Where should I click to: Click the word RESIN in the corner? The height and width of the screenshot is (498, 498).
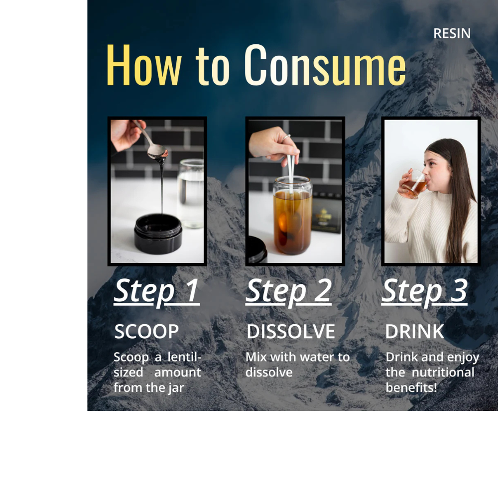tap(452, 33)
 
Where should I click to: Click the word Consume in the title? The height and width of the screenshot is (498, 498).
tap(325, 65)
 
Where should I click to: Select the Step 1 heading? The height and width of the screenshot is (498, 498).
tap(156, 291)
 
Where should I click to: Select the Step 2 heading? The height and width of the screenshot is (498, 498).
tap(288, 291)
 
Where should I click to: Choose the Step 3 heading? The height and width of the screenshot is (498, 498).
tap(424, 291)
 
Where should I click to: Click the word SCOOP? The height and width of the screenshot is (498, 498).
tap(146, 332)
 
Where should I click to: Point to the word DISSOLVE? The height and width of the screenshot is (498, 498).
tap(291, 332)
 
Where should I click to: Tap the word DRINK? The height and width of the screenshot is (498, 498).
tap(414, 332)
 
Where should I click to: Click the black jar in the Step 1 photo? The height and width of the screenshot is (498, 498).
tap(158, 233)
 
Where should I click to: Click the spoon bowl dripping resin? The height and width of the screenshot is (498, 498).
tap(157, 151)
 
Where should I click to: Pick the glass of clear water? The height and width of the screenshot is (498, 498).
tap(191, 194)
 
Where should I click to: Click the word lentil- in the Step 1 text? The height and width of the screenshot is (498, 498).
tap(184, 357)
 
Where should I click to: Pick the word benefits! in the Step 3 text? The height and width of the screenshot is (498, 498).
tap(411, 387)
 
